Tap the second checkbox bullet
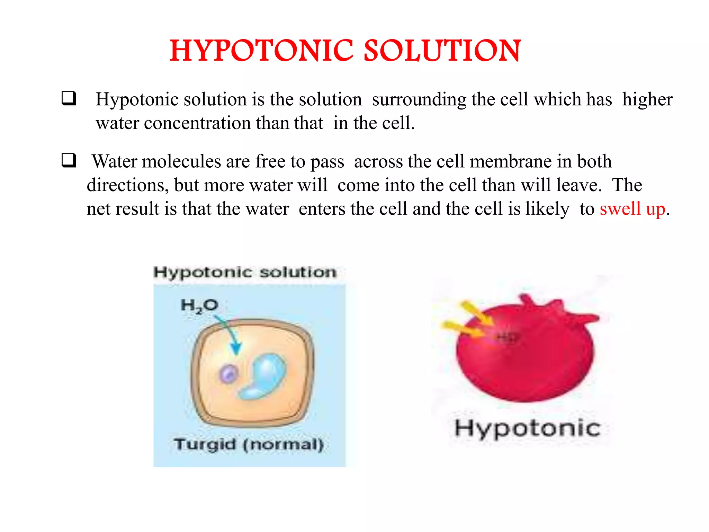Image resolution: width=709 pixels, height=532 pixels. click(x=69, y=160)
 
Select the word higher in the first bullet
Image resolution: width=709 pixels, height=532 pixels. click(x=647, y=99)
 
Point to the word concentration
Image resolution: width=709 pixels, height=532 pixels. click(x=197, y=123)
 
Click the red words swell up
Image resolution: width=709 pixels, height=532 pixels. click(x=632, y=209)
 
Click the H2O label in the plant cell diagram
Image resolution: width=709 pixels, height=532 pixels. click(x=199, y=305)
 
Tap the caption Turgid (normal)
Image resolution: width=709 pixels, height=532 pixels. click(x=249, y=444)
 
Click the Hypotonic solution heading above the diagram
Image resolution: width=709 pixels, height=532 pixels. click(x=245, y=272)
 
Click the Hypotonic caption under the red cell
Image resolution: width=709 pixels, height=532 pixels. click(x=527, y=428)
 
